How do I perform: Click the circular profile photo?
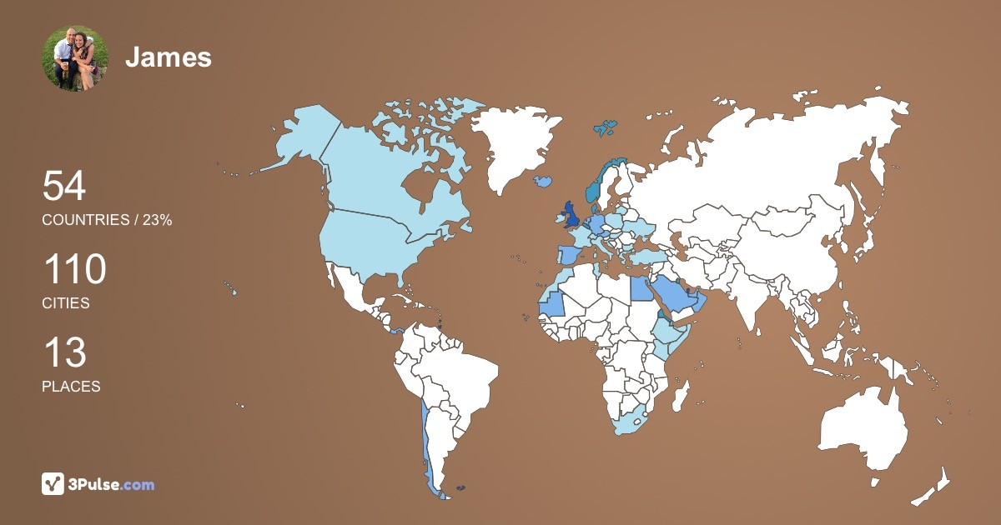(75, 57)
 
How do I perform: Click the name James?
(169, 57)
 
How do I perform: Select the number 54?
(64, 186)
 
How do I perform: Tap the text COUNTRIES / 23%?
(107, 220)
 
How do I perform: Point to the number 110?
(74, 270)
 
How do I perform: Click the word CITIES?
(66, 303)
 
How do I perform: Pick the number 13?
(64, 353)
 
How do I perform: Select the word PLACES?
(71, 387)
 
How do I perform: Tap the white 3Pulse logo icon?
(53, 484)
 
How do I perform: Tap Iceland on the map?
(544, 180)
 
